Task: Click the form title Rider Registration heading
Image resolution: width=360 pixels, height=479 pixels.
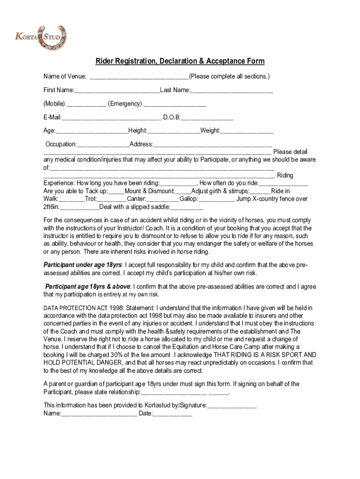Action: coord(180,61)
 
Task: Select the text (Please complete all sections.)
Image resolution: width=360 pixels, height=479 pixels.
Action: coord(229,76)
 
